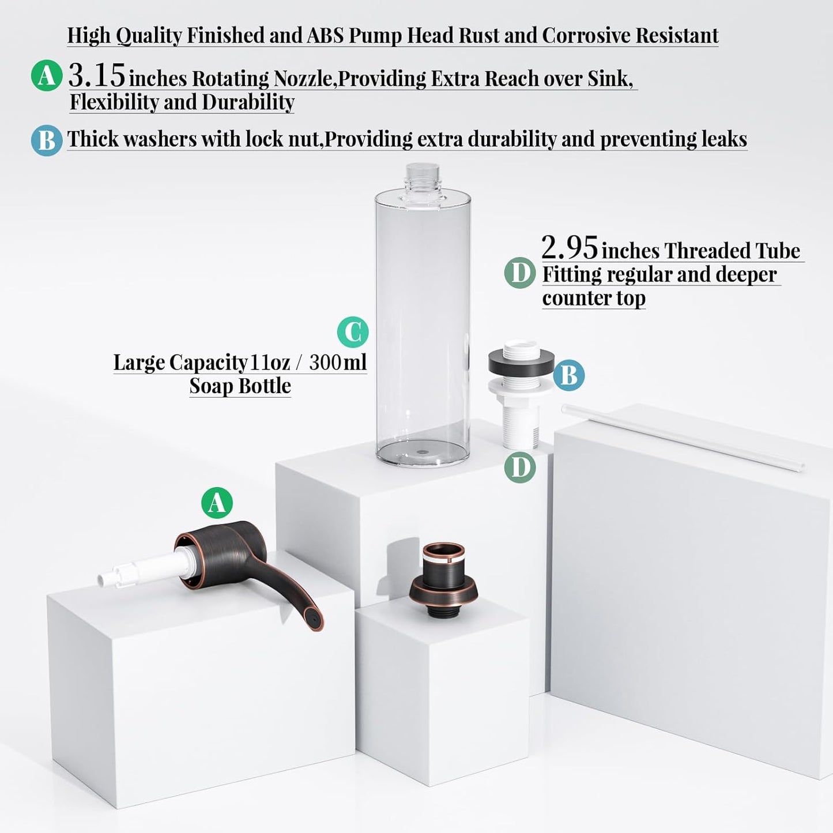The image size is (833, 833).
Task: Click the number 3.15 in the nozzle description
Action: click(x=96, y=75)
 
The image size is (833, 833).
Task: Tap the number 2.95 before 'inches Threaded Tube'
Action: click(x=569, y=248)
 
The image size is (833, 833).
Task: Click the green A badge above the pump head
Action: click(x=217, y=503)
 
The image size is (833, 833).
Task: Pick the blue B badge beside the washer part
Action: click(x=569, y=375)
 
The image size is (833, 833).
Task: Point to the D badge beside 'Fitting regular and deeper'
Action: click(x=520, y=273)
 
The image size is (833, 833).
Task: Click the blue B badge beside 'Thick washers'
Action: click(x=47, y=140)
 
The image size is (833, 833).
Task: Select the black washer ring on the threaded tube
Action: click(x=521, y=361)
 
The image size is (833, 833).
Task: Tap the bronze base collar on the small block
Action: click(x=443, y=588)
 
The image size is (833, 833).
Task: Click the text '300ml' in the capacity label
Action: click(x=337, y=362)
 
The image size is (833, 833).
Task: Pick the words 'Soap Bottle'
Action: click(x=240, y=386)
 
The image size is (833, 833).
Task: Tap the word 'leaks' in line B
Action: click(x=723, y=139)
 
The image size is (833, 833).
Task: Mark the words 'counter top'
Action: click(x=594, y=298)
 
